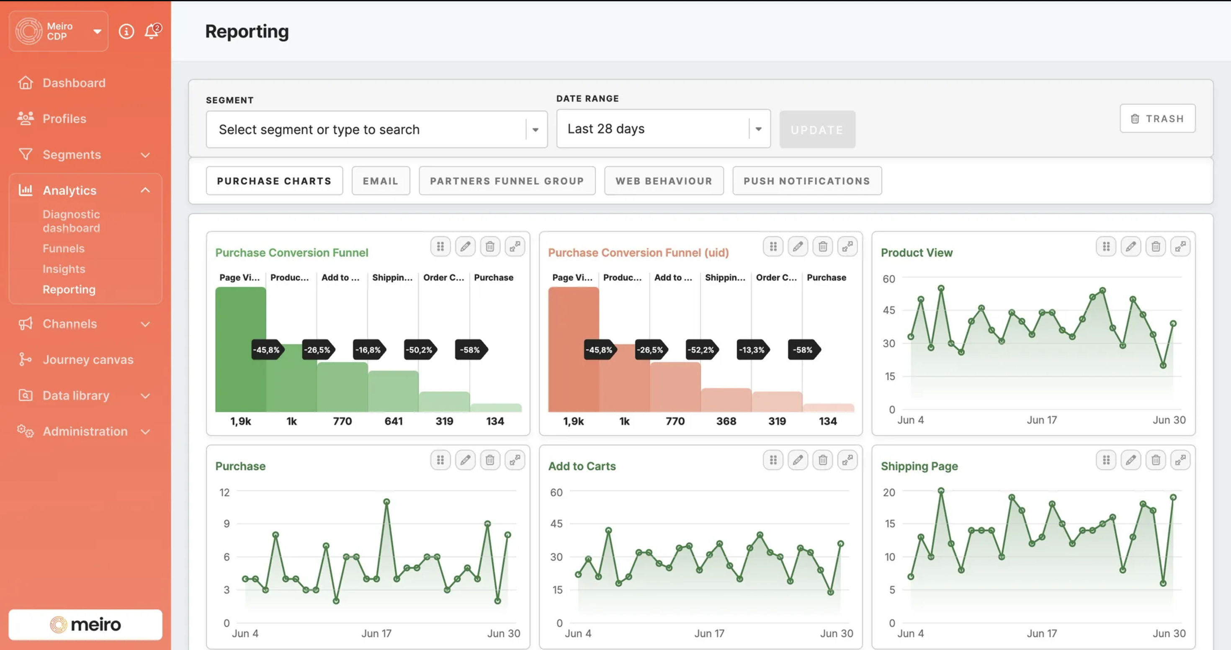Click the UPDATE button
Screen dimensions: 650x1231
pyautogui.click(x=816, y=129)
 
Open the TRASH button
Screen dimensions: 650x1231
pyautogui.click(x=1157, y=119)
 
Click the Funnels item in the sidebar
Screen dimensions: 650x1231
pyautogui.click(x=63, y=248)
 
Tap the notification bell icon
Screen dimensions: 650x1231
pyautogui.click(x=152, y=31)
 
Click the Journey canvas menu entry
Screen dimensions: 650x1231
pyautogui.click(x=88, y=359)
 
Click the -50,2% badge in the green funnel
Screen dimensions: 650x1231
pyautogui.click(x=419, y=350)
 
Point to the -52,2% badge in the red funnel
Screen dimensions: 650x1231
pyautogui.click(x=700, y=350)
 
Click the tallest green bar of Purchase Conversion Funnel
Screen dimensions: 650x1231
pyautogui.click(x=240, y=349)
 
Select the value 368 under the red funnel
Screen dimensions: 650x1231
pyautogui.click(x=725, y=421)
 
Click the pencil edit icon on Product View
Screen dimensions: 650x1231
pyautogui.click(x=1130, y=247)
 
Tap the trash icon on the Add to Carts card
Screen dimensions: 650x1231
pyautogui.click(x=822, y=460)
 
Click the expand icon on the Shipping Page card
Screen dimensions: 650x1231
pyautogui.click(x=1180, y=460)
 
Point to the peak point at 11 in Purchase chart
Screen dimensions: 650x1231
pyautogui.click(x=386, y=502)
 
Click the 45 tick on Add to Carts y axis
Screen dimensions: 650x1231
pyautogui.click(x=556, y=524)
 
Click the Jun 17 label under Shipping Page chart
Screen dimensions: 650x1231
pyautogui.click(x=1041, y=633)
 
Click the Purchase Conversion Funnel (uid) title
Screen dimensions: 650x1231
pyautogui.click(x=638, y=253)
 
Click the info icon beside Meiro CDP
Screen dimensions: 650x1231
pyautogui.click(x=126, y=31)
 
